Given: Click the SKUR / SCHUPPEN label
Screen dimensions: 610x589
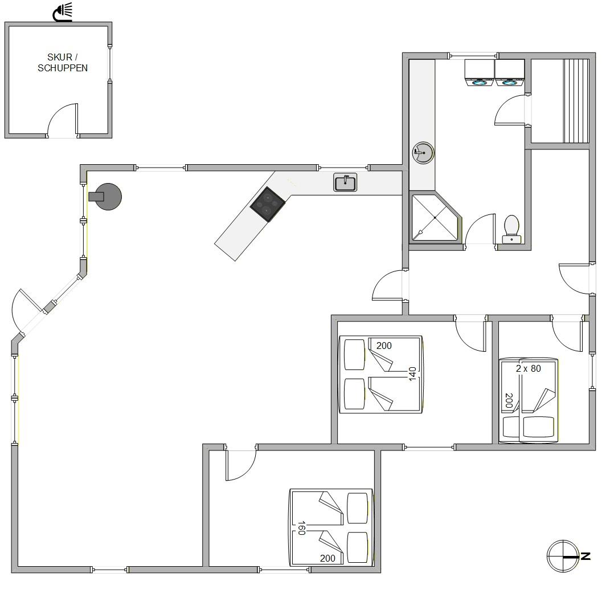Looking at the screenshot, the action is (x=63, y=62).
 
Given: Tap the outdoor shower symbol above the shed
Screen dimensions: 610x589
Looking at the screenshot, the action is (x=63, y=11).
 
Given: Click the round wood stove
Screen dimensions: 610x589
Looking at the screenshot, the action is (x=106, y=197).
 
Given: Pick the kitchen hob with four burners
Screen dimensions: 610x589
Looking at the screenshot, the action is (x=268, y=205).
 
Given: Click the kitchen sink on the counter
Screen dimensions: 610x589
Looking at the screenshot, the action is (x=345, y=182).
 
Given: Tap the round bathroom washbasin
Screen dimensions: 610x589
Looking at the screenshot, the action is (x=423, y=152).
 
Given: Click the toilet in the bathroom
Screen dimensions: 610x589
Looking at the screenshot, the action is (x=511, y=229).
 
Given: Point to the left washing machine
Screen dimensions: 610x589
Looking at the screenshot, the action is (x=480, y=72).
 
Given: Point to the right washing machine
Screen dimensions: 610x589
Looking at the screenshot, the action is (x=510, y=72).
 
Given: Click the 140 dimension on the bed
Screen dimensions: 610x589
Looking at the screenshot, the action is (x=413, y=374).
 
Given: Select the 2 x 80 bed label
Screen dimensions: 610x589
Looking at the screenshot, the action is (x=529, y=368).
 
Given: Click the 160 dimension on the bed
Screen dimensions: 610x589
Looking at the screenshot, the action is (x=301, y=528).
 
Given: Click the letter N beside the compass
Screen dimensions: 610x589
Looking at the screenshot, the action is (x=586, y=556).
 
